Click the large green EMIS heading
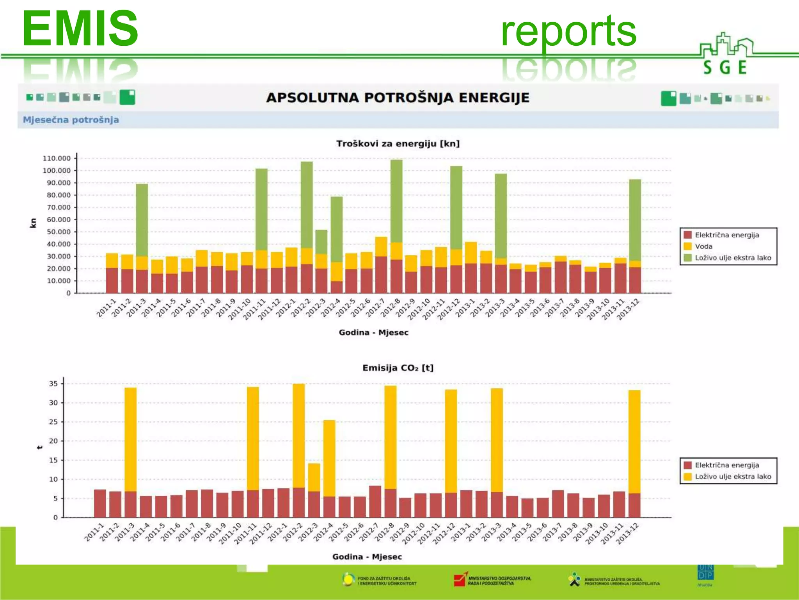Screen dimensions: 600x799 click(x=80, y=29)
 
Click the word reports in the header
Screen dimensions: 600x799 click(x=568, y=31)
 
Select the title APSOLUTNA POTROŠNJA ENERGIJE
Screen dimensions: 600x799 click(x=398, y=98)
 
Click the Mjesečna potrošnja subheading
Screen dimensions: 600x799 click(x=71, y=120)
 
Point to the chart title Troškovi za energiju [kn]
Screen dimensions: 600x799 click(x=398, y=144)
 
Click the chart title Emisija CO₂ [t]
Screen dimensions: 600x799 click(x=398, y=368)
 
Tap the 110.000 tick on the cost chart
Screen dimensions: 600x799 click(x=57, y=158)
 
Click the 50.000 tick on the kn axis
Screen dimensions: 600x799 click(x=59, y=232)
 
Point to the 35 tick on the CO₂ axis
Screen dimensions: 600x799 click(x=53, y=384)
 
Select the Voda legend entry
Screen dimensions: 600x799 click(x=703, y=246)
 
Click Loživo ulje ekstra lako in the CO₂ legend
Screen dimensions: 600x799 click(x=733, y=477)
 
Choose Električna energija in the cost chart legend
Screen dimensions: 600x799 click(x=726, y=235)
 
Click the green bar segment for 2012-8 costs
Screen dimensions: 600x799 click(x=396, y=201)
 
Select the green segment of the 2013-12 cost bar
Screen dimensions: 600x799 click(x=635, y=220)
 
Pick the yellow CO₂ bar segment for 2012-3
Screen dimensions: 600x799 click(x=314, y=477)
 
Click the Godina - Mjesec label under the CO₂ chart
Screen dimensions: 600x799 click(x=367, y=557)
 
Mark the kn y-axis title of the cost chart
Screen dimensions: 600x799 click(x=33, y=223)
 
